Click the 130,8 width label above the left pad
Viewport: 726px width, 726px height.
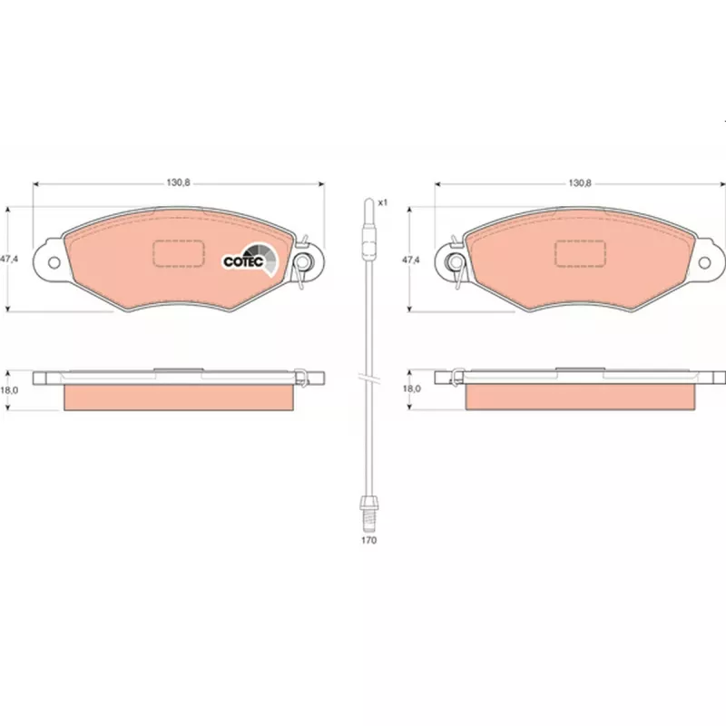178,183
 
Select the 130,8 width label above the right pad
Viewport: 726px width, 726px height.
580,183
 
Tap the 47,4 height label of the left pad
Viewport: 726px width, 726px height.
9,260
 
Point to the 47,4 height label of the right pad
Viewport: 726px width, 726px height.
411,260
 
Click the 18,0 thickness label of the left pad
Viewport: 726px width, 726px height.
9,390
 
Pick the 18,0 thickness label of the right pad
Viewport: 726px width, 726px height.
412,389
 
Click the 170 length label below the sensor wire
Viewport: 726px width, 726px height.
369,540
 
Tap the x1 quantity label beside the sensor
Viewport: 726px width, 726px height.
382,202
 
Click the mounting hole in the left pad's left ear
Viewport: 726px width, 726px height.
54,262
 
